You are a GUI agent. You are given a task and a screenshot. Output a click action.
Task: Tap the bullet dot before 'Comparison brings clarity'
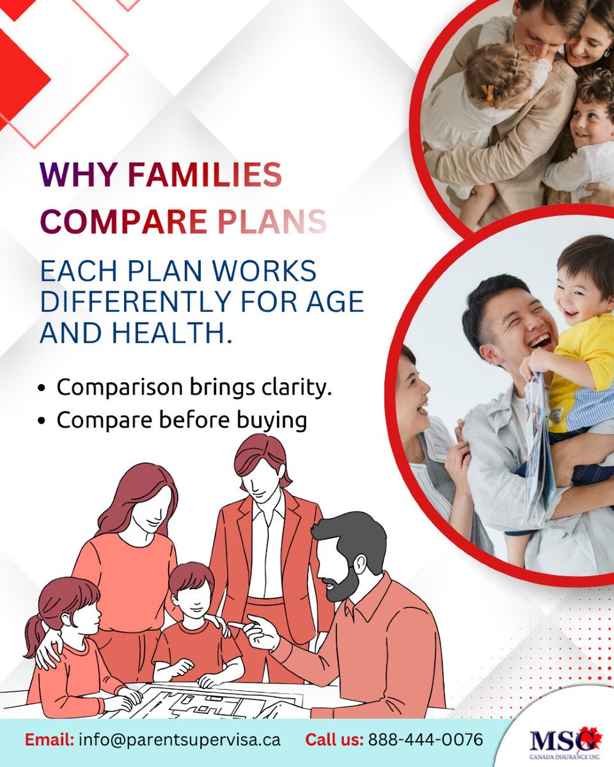pos(42,388)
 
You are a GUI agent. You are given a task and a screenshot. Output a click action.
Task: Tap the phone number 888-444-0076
pos(425,740)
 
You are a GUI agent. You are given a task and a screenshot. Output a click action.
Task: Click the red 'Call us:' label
pos(335,740)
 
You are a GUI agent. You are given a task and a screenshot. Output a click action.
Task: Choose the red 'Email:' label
pos(51,740)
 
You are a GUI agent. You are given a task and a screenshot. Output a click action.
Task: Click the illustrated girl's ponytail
pos(35,633)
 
